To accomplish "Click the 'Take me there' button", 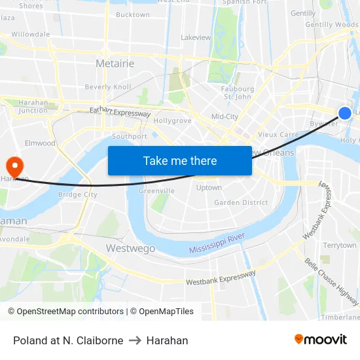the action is point(179,160).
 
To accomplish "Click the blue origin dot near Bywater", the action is point(344,113).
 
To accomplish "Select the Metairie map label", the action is point(115,63).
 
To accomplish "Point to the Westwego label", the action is point(131,248).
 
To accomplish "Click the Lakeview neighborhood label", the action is point(196,37).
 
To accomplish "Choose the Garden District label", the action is point(241,202).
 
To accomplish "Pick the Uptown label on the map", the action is point(209,188).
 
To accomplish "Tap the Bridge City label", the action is point(77,194).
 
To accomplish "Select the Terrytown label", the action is point(340,245).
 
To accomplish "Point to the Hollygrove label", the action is point(172,121).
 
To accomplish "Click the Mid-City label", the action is point(225,117).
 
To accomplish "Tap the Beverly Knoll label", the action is point(108,86).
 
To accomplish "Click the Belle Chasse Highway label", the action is point(331,282).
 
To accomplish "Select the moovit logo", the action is point(320,340).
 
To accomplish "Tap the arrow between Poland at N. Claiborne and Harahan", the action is point(135,340).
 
